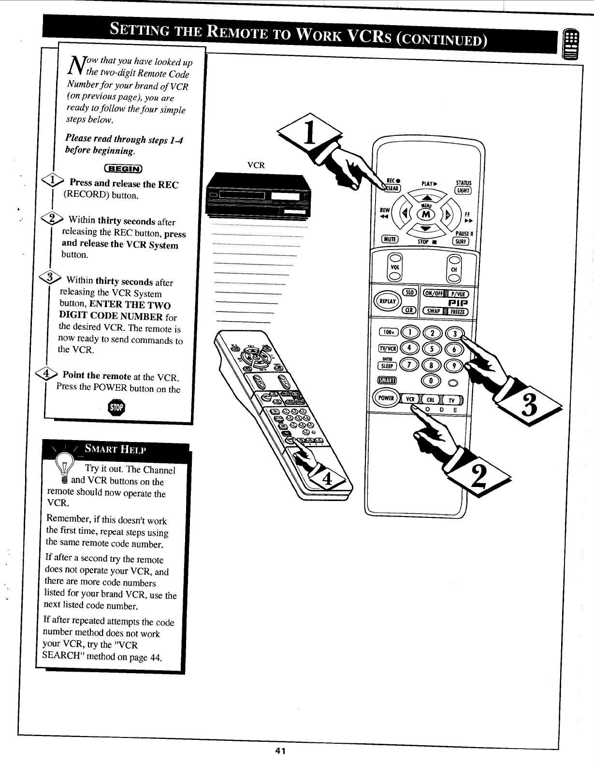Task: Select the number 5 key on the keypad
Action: point(429,349)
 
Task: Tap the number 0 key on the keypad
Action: point(429,381)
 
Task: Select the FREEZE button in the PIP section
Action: point(457,311)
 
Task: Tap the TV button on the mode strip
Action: point(451,400)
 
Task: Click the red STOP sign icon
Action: point(116,407)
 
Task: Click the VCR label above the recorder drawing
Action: point(256,165)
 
